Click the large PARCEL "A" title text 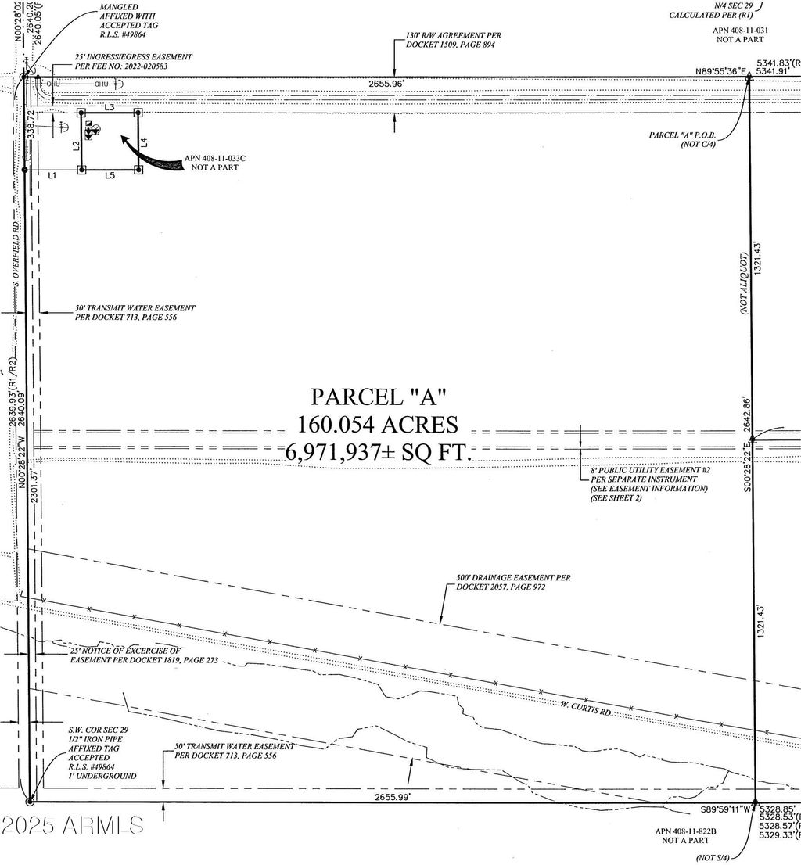point(378,396)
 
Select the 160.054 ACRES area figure point(377,424)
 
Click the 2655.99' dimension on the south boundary point(392,796)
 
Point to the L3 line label point(110,106)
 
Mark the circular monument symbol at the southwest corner point(30,801)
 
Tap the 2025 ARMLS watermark point(72,824)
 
